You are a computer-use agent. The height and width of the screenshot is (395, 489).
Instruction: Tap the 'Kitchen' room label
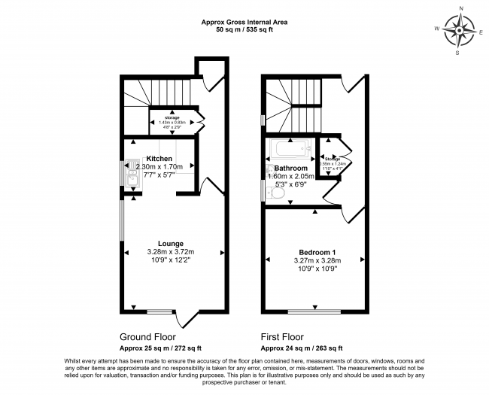159,158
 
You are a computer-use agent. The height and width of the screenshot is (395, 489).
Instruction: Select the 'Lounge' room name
171,244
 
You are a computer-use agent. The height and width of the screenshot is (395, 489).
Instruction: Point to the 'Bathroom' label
290,168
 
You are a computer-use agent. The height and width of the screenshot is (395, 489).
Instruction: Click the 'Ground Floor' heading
149,337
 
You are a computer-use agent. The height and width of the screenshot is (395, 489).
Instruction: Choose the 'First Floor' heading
287,337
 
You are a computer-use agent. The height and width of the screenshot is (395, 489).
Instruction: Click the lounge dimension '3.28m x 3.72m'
171,252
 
